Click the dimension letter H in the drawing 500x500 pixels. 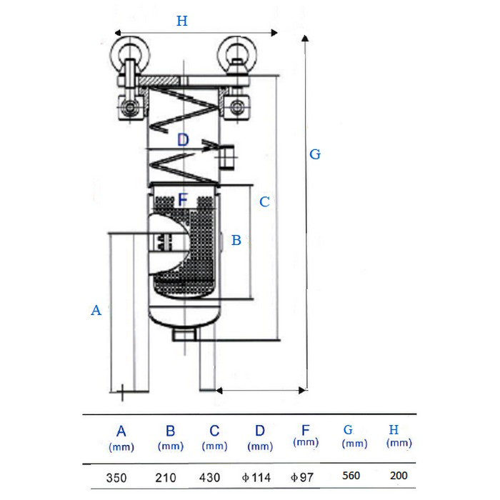point(182,21)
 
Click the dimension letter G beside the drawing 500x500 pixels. point(315,154)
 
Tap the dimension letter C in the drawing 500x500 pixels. point(264,202)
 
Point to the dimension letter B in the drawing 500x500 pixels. point(236,241)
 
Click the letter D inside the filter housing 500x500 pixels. point(183,140)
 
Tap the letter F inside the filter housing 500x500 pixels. point(183,199)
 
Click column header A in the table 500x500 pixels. point(121,431)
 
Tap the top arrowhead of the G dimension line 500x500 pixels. point(306,37)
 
